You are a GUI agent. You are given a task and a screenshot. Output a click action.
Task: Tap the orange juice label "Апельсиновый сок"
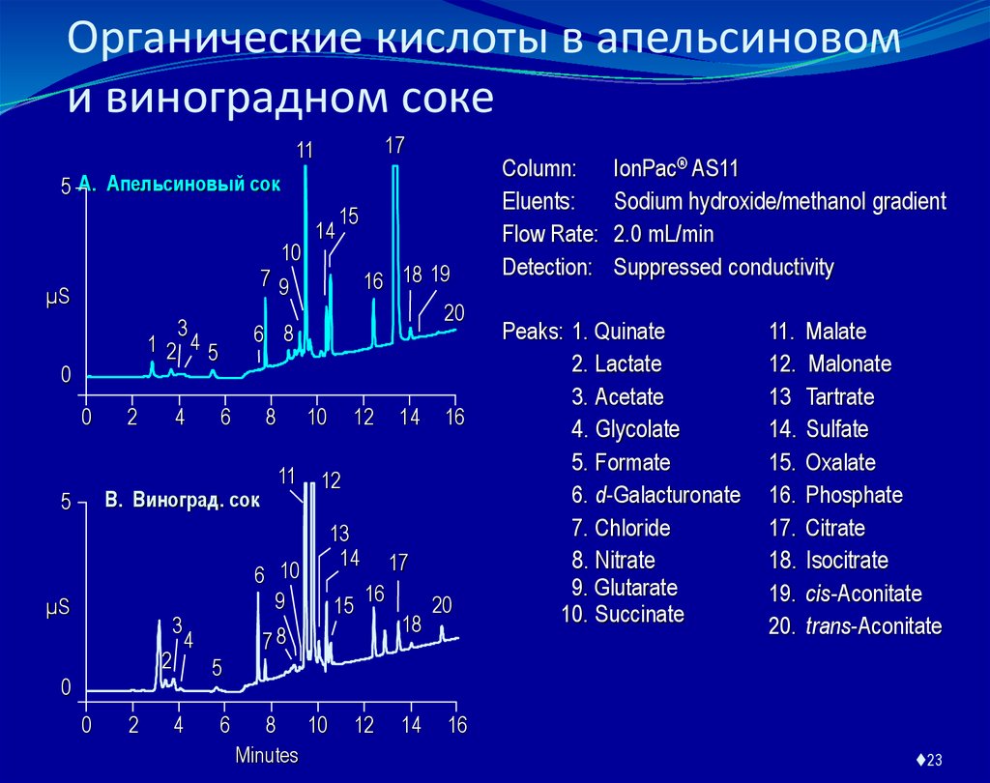click(x=192, y=184)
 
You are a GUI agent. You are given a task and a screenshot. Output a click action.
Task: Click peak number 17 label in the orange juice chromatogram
click(x=394, y=146)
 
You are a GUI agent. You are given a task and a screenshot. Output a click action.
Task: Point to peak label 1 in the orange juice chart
click(x=152, y=343)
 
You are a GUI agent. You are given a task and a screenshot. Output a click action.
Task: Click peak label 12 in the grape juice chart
click(x=332, y=481)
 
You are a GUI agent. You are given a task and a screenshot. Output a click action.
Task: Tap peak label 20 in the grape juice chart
click(x=442, y=605)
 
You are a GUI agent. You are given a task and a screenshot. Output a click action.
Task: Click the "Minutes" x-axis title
click(x=268, y=754)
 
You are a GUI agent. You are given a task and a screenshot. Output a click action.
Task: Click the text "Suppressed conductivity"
click(x=723, y=267)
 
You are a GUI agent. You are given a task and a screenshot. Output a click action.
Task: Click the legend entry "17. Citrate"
click(x=817, y=529)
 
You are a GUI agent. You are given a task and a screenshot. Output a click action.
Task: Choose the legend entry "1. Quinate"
click(x=618, y=332)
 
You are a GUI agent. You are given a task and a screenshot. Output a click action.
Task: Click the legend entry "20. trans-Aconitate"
click(x=855, y=626)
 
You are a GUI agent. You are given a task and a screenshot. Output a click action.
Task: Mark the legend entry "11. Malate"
click(x=818, y=332)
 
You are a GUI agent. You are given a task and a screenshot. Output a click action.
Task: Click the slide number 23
click(x=935, y=760)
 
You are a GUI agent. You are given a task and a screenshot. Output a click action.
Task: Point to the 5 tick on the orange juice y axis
click(x=67, y=187)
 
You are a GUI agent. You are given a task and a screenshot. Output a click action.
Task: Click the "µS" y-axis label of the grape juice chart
click(x=58, y=609)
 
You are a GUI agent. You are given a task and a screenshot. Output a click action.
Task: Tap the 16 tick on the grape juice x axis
click(x=456, y=725)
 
